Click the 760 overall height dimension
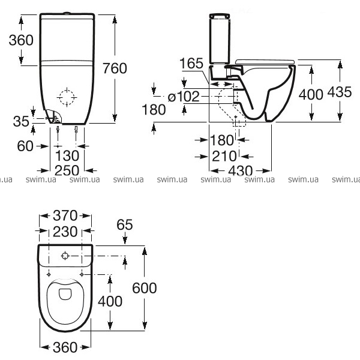pyautogui.click(x=115, y=68)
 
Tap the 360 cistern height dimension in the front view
pyautogui.click(x=21, y=40)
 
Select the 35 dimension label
pyautogui.click(x=21, y=121)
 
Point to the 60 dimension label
pyautogui.click(x=25, y=146)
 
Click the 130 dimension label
pyautogui.click(x=67, y=155)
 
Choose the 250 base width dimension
pyautogui.click(x=67, y=170)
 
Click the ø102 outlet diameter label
pyautogui.click(x=184, y=97)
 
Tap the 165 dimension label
pyautogui.click(x=191, y=63)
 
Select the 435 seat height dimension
pyautogui.click(x=340, y=92)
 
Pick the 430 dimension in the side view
pyautogui.click(x=241, y=171)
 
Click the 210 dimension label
pyautogui.click(x=224, y=156)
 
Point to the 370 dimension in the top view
pyautogui.click(x=65, y=215)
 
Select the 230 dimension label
pyautogui.click(x=65, y=232)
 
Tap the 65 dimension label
pyautogui.click(x=125, y=224)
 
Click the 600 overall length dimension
pyautogui.click(x=145, y=288)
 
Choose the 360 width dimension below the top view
pyautogui.click(x=65, y=347)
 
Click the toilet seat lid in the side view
pyautogui.click(x=265, y=62)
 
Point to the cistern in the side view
pyautogui.click(x=220, y=38)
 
